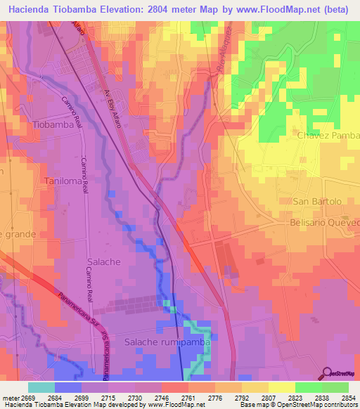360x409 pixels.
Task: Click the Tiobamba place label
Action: coord(53,124)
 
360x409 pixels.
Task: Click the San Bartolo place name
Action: coord(317,202)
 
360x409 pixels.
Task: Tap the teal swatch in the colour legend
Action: coord(41,387)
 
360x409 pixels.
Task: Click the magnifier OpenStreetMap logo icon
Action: coord(327,372)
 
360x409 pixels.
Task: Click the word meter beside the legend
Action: coord(9,398)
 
